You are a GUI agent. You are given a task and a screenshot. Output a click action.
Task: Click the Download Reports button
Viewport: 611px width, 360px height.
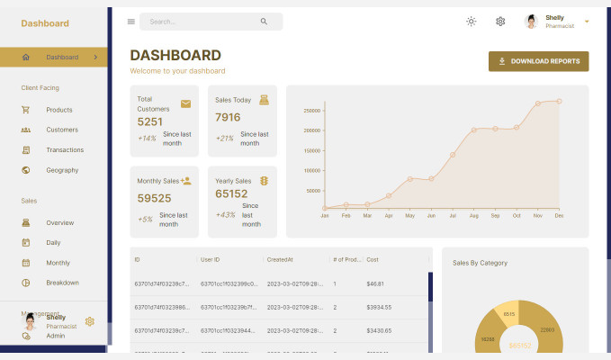[538, 61]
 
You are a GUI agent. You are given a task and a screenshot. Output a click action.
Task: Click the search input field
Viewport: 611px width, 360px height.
[202, 22]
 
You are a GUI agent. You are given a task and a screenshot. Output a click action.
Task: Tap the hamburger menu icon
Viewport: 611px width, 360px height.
[131, 22]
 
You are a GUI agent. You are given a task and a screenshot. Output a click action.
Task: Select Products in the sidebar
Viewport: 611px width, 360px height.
[59, 110]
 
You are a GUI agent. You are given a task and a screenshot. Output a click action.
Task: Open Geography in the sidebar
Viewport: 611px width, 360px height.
[62, 170]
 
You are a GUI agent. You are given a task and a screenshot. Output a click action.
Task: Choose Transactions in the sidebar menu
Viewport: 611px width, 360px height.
[65, 150]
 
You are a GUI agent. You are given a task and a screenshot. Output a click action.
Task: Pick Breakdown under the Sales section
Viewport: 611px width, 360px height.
[62, 283]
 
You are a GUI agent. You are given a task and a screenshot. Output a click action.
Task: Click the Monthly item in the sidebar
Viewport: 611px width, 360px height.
[58, 263]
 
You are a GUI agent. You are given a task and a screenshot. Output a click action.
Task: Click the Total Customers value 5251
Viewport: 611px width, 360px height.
[150, 121]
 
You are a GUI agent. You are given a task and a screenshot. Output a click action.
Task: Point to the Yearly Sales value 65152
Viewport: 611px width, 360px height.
[231, 193]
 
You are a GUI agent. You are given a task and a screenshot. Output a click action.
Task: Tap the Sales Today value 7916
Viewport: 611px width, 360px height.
[228, 117]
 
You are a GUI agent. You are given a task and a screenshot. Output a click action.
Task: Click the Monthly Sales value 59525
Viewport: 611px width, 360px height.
[154, 198]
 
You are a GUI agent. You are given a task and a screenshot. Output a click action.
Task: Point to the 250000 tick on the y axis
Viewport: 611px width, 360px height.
[311, 111]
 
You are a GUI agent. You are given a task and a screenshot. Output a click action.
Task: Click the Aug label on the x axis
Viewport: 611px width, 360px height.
[473, 216]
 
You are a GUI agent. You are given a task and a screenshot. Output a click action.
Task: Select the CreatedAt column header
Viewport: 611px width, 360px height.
[280, 259]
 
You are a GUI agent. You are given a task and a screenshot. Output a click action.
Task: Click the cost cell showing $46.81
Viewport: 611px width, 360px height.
[376, 283]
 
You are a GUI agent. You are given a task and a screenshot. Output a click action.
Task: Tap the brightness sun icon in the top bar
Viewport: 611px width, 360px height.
[471, 22]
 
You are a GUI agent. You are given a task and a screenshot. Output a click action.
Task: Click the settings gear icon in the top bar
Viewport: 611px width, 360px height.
[500, 22]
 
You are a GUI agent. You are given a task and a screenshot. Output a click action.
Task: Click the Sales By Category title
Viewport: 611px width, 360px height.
[480, 263]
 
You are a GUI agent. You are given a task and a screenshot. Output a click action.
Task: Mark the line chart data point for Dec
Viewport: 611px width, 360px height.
[559, 101]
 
